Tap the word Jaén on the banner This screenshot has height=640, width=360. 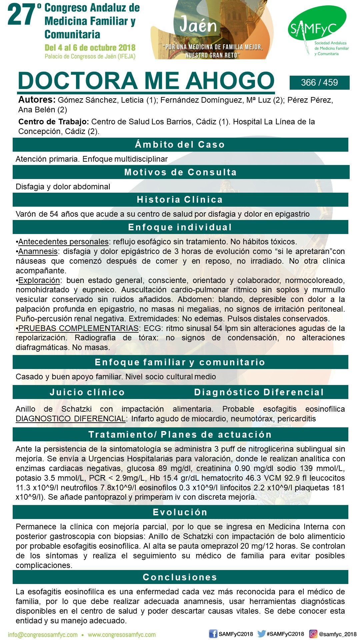pyautogui.click(x=198, y=25)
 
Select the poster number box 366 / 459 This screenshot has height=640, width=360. pyautogui.click(x=319, y=83)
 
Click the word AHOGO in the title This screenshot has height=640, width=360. pyautogui.click(x=230, y=81)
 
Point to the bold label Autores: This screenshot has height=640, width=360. pyautogui.click(x=37, y=100)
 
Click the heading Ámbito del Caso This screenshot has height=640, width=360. pyautogui.click(x=180, y=145)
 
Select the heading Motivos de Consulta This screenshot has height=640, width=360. pyautogui.click(x=180, y=172)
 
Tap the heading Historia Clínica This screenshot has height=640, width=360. pyautogui.click(x=180, y=200)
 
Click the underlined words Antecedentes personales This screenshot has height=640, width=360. pyautogui.click(x=63, y=242)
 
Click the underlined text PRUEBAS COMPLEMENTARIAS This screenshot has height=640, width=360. pyautogui.click(x=78, y=328)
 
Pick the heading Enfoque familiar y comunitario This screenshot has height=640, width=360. pyautogui.click(x=180, y=362)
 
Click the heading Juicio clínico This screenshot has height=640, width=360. pyautogui.click(x=87, y=392)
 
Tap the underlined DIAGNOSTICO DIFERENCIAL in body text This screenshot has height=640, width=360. pyautogui.click(x=70, y=419)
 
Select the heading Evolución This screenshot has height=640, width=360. pyautogui.click(x=180, y=512)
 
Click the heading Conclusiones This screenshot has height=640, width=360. pyautogui.click(x=180, y=577)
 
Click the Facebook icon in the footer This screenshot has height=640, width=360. pyautogui.click(x=213, y=634)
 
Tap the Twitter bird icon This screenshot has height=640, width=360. pyautogui.click(x=262, y=634)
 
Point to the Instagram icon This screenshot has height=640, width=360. pyautogui.click(x=313, y=634)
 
